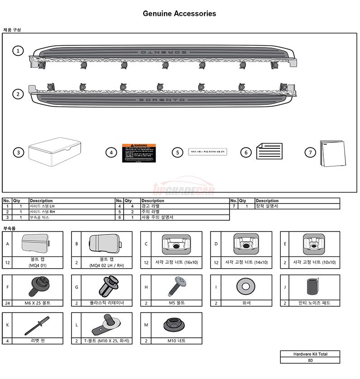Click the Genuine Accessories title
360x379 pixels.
click(x=179, y=14)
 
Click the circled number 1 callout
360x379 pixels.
click(x=18, y=51)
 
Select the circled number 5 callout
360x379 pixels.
click(x=178, y=152)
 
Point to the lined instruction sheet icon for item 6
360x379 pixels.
click(x=269, y=152)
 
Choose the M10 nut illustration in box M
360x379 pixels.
click(x=172, y=324)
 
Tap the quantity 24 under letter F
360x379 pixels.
click(x=7, y=303)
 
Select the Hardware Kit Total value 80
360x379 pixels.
click(x=310, y=360)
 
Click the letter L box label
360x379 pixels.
click(x=77, y=324)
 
